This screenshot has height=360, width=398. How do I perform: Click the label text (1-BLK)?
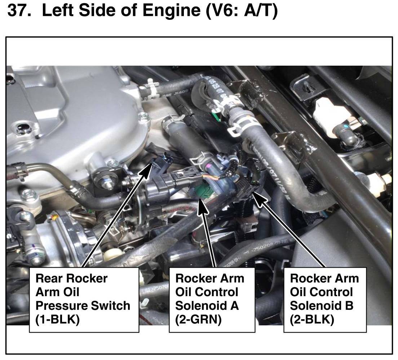[57, 319]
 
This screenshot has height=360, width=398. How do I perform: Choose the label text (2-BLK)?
[312, 319]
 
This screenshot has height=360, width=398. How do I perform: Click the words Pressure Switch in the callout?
[83, 306]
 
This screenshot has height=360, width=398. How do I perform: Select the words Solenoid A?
[207, 306]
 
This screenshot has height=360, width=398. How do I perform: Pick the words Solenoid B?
[322, 306]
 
